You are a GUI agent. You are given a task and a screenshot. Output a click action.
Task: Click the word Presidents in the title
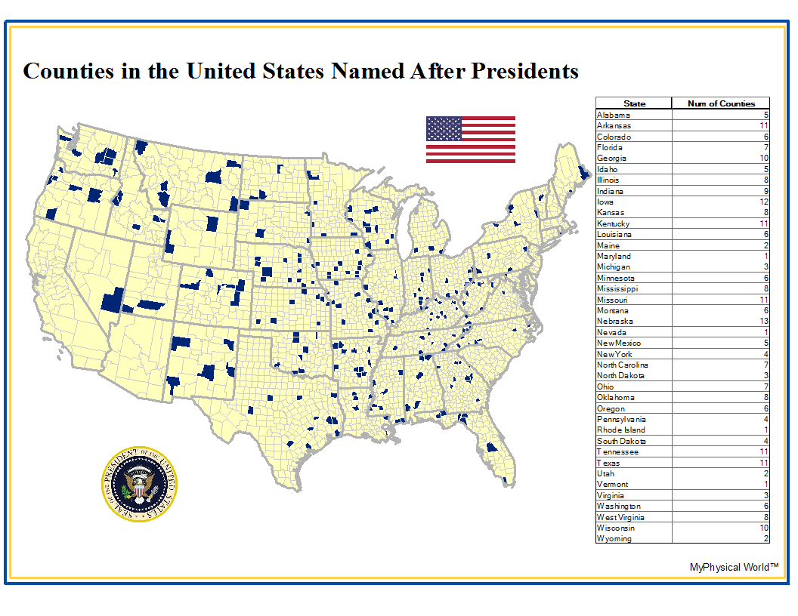[x=525, y=71]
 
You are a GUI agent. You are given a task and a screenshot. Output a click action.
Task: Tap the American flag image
[x=470, y=140]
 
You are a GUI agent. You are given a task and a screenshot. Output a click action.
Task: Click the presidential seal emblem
[x=140, y=484]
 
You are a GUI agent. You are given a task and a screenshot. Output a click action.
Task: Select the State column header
[x=634, y=103]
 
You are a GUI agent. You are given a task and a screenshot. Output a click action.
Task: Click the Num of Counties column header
[x=720, y=103]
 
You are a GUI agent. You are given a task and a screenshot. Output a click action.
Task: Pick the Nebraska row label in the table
[x=615, y=322]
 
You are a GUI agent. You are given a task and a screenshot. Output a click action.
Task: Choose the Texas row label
[x=608, y=463]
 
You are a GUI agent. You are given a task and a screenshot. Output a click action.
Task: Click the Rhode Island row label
[x=621, y=430]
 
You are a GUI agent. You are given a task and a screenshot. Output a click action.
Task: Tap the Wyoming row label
[x=614, y=539]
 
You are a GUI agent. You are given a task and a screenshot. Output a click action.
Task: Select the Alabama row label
[x=614, y=115]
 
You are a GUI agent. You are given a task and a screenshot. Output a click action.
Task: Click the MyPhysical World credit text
[x=733, y=567]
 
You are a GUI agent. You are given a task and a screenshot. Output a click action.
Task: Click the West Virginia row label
[x=620, y=517]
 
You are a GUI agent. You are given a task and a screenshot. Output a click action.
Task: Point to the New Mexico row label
[x=619, y=343]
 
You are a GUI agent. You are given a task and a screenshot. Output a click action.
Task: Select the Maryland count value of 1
[x=766, y=256]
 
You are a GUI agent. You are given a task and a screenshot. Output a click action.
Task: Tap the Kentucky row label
[x=614, y=223]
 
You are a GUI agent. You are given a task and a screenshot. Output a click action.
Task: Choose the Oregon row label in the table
[x=611, y=408]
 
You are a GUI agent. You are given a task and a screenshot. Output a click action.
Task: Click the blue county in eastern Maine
[x=581, y=172]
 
